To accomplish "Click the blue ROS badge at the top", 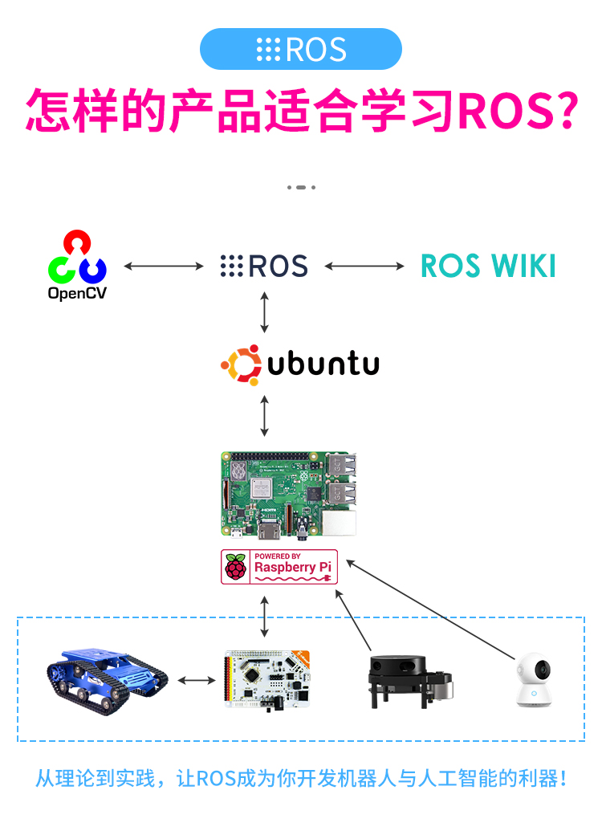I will point(300,49).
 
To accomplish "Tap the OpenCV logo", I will point(77,266).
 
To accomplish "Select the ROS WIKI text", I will point(488,266).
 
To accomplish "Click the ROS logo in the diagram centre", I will point(264,266).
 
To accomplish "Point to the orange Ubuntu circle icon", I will point(242,365).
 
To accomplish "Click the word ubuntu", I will point(323,365).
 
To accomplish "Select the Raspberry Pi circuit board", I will point(289,494).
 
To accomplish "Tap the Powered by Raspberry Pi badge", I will point(280,567).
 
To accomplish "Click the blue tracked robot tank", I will point(108,678).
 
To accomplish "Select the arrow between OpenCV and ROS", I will point(164,266).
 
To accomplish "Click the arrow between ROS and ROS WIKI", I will point(364,266).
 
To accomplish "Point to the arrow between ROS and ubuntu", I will point(265,312).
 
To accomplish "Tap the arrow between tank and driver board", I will point(197,681).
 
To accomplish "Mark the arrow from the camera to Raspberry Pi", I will point(433,610).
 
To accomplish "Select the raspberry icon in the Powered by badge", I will point(236,567).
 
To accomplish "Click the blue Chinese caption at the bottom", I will point(301,778).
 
